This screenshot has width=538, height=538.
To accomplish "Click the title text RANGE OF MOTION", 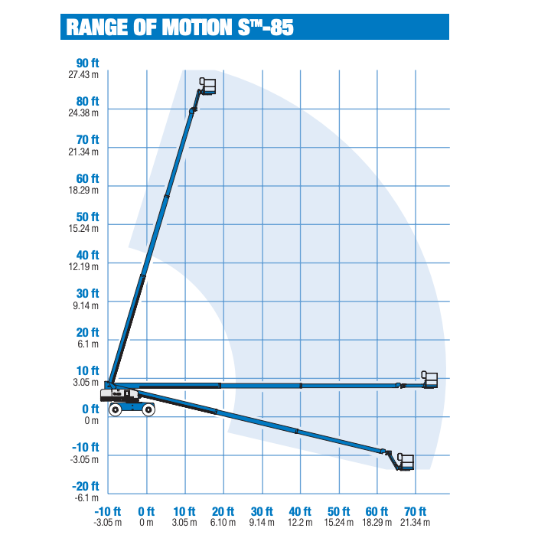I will (x=145, y=27).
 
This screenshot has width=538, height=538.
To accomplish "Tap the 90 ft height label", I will (x=87, y=63).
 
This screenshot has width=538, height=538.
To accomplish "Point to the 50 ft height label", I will (x=87, y=217).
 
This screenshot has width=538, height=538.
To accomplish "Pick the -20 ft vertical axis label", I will (x=87, y=487).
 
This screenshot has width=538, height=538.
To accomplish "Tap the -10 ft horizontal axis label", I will (x=108, y=511).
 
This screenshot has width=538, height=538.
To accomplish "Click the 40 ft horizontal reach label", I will (x=300, y=511).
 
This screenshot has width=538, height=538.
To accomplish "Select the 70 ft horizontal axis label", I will (x=416, y=511).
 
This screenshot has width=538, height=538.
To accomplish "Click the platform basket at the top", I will (x=208, y=85).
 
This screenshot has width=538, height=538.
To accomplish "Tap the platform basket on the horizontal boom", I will (x=430, y=380).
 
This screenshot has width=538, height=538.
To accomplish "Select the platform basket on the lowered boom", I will (x=406, y=461).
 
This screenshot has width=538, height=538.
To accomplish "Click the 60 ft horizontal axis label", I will (x=377, y=511).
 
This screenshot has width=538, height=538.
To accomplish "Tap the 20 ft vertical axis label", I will (x=87, y=333).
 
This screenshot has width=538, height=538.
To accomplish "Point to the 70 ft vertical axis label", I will (x=87, y=140).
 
